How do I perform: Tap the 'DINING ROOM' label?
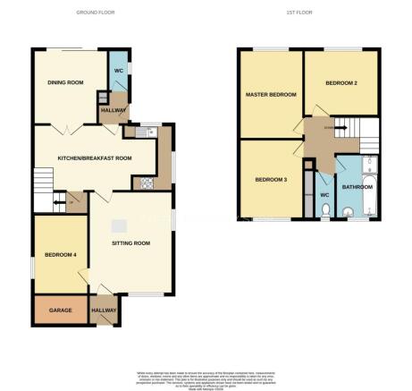click(65, 82)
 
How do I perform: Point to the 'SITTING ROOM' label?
click(130, 243)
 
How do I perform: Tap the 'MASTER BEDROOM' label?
click(271, 94)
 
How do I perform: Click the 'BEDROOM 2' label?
click(341, 82)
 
